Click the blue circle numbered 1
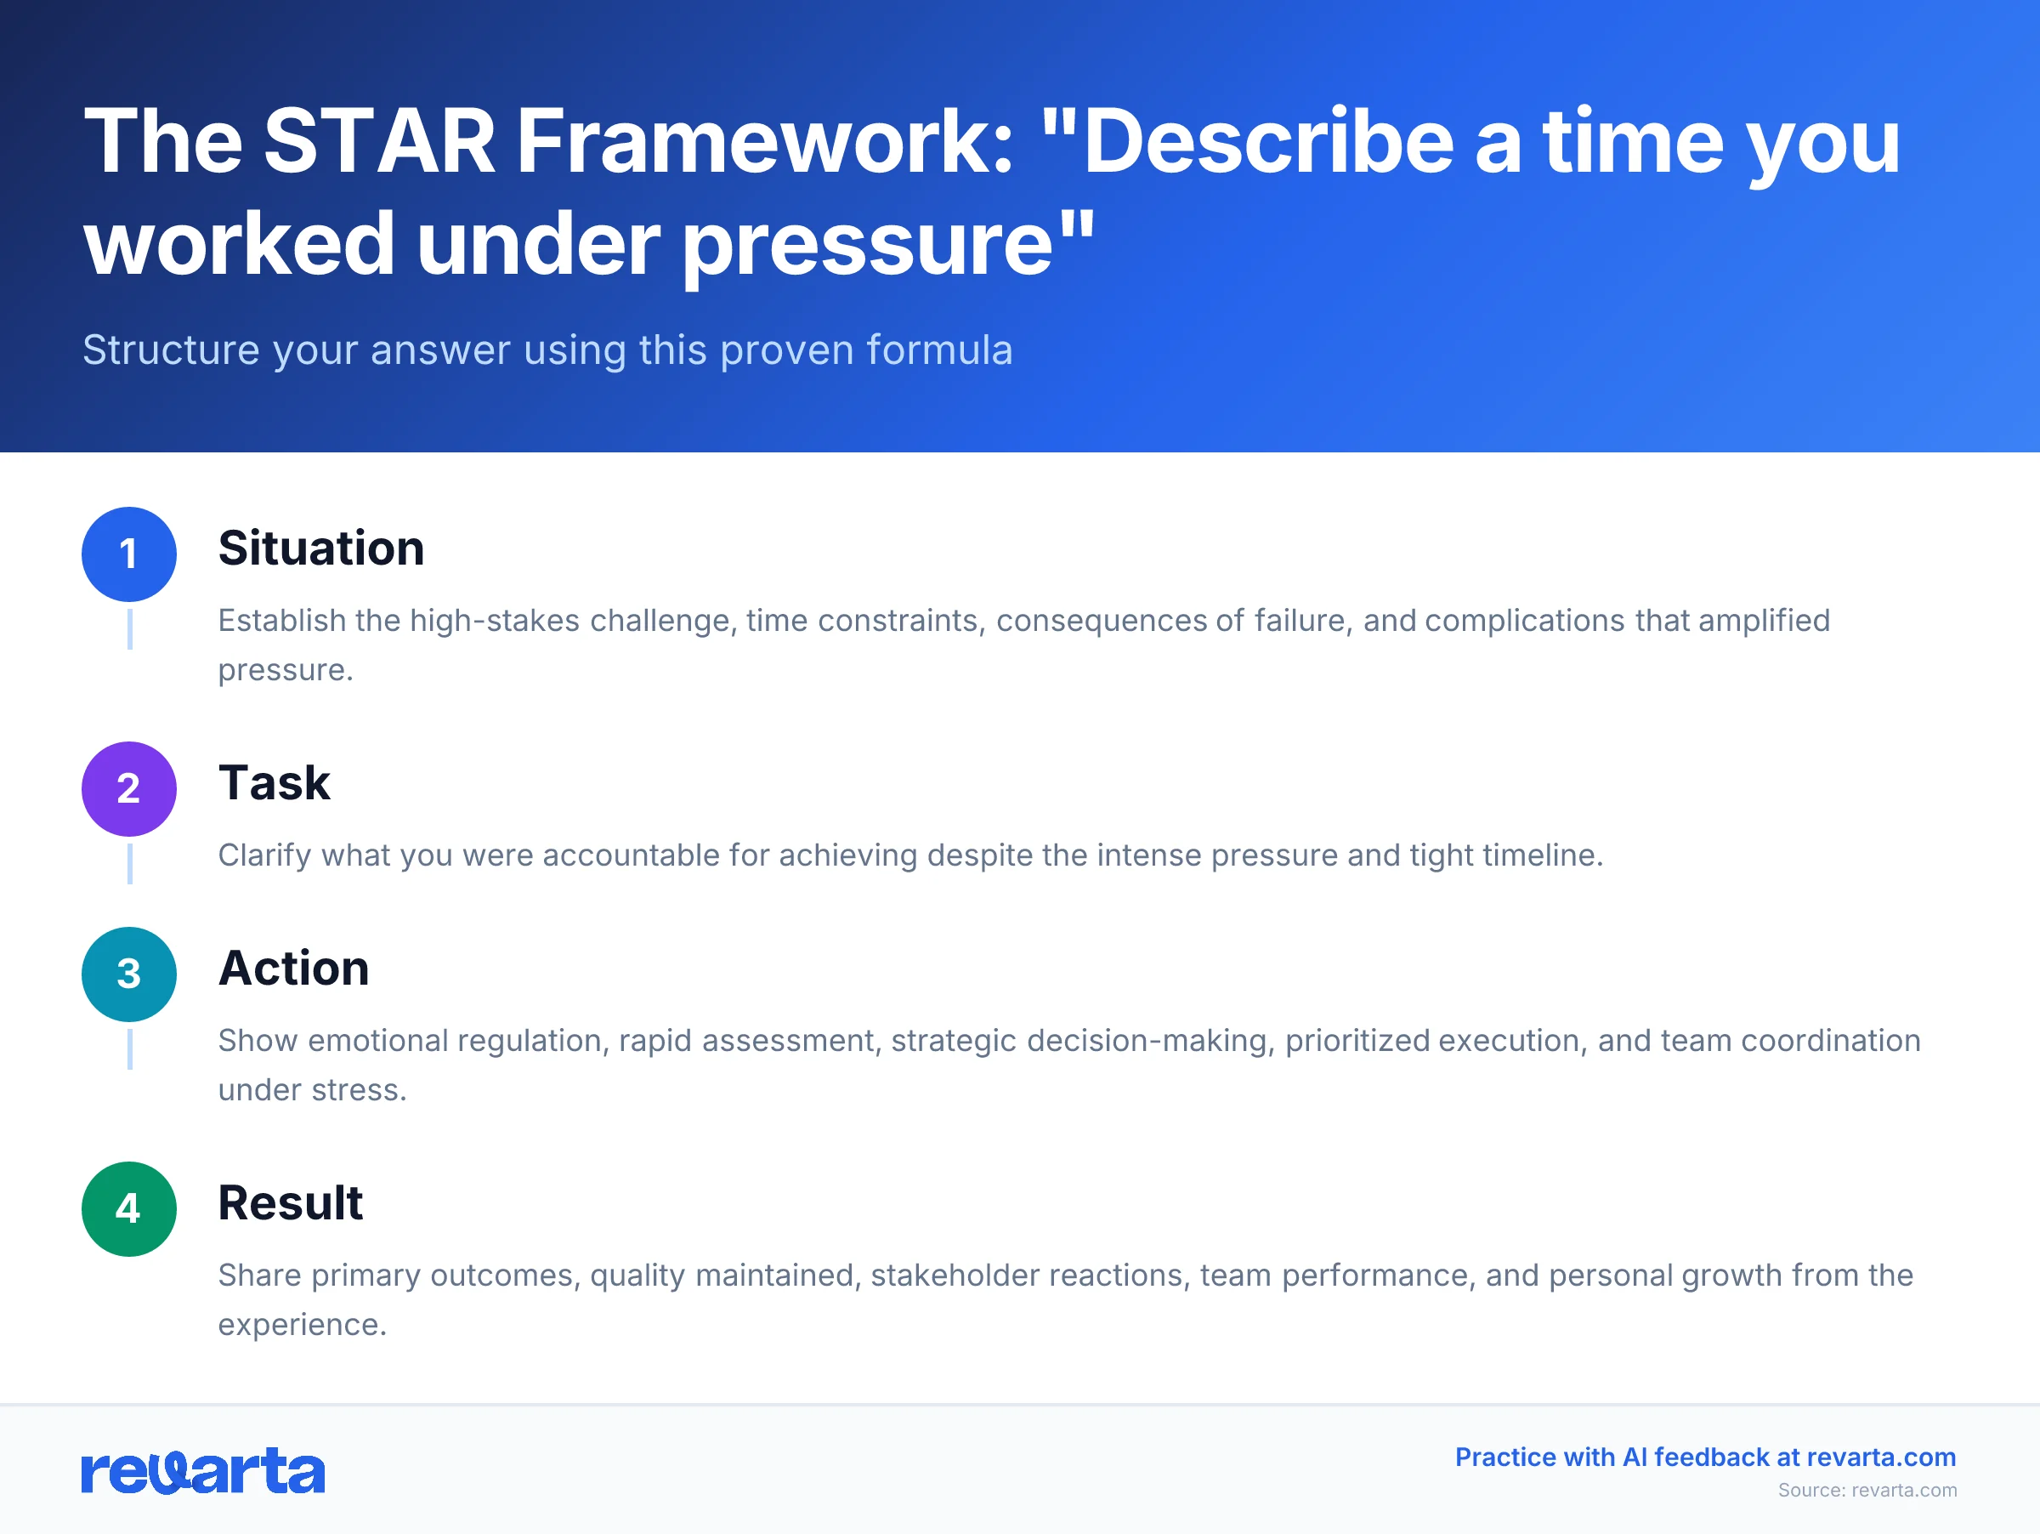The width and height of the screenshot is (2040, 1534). tap(129, 554)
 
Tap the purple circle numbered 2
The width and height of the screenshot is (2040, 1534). tap(129, 788)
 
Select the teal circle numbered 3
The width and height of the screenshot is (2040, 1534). tap(129, 974)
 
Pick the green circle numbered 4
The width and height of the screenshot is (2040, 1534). tap(129, 1208)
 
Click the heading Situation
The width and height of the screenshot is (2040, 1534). tap(321, 548)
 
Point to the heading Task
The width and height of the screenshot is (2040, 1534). tap(274, 782)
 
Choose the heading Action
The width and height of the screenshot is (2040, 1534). tap(293, 968)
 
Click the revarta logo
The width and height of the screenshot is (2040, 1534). tap(203, 1470)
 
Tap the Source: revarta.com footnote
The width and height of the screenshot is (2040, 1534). tap(1867, 1490)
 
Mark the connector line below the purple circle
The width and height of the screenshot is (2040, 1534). tap(130, 863)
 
